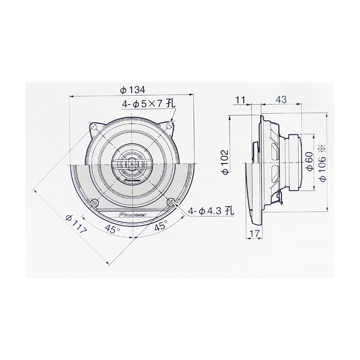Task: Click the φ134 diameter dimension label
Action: tap(133, 90)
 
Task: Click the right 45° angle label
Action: tap(160, 226)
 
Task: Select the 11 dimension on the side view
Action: tap(240, 100)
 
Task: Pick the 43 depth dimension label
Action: tap(281, 99)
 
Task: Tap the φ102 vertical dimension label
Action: tap(226, 162)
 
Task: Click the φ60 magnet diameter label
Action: tap(310, 161)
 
